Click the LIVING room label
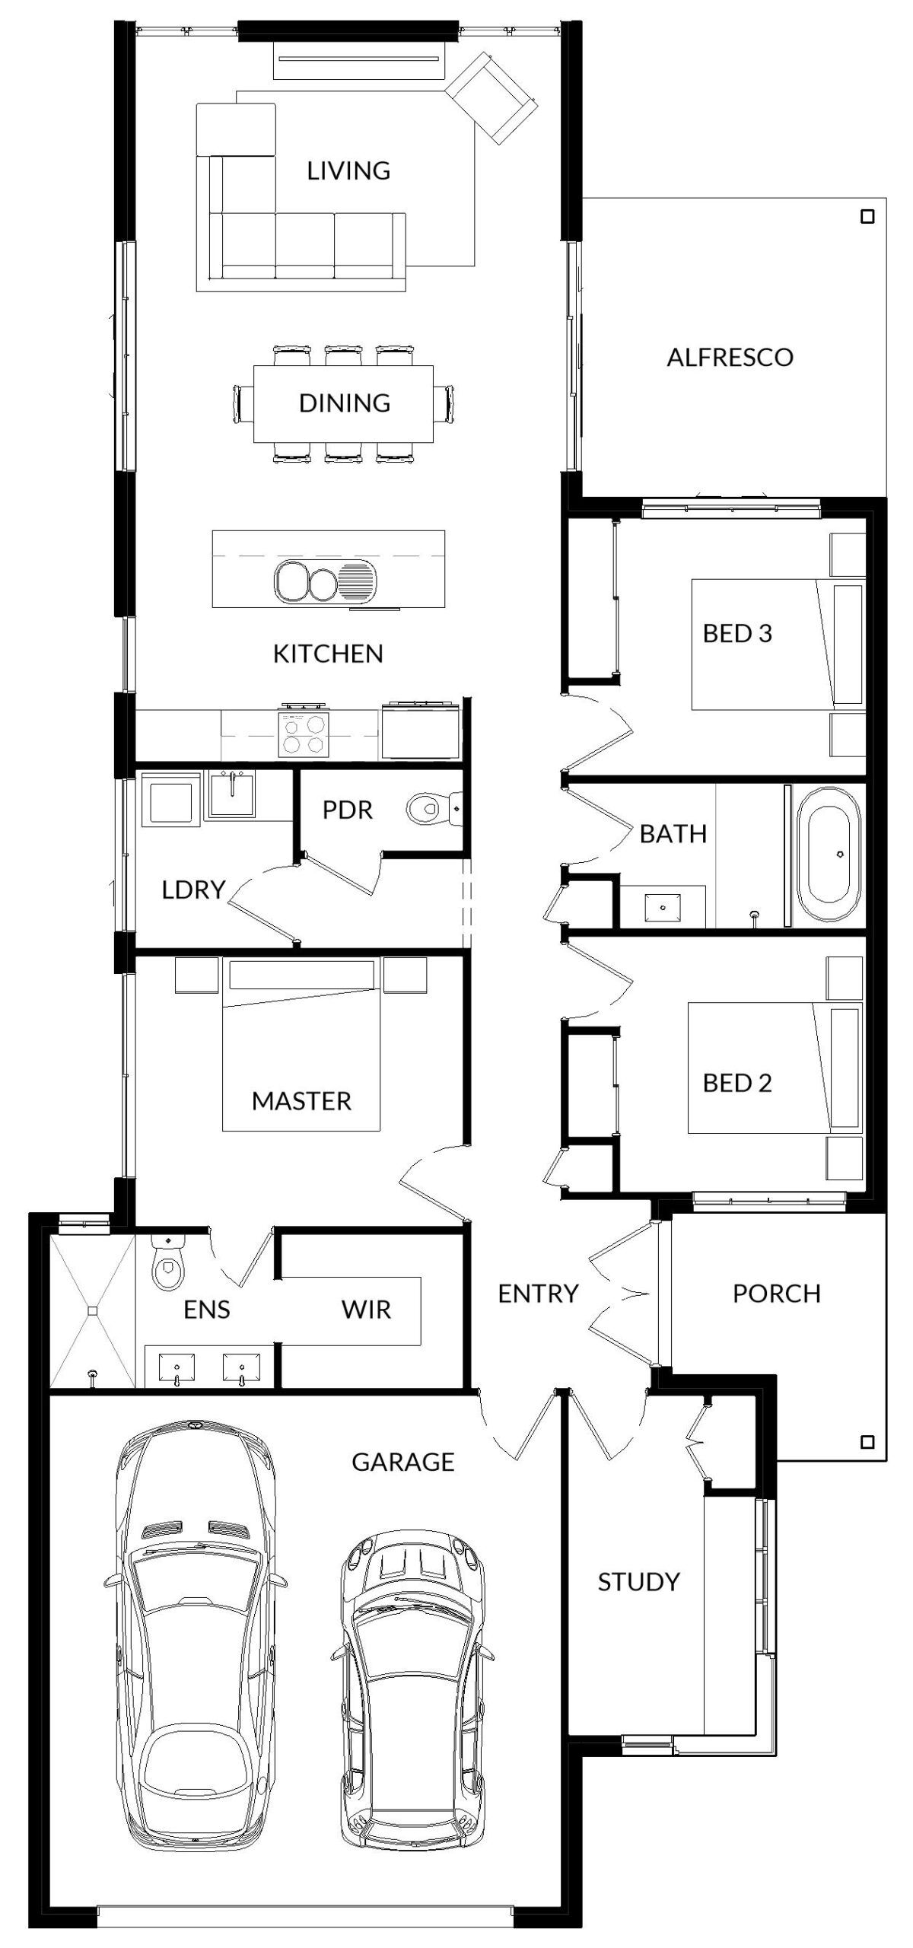click(348, 170)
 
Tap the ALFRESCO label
click(730, 357)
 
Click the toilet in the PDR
click(434, 809)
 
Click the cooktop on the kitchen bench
click(304, 733)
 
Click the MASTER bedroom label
click(301, 1101)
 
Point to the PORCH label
click(777, 1293)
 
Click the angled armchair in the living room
click(491, 97)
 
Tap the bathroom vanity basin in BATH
click(663, 908)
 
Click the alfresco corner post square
click(867, 217)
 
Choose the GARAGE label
click(402, 1461)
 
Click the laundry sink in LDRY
click(232, 794)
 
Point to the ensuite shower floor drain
click(92, 1310)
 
